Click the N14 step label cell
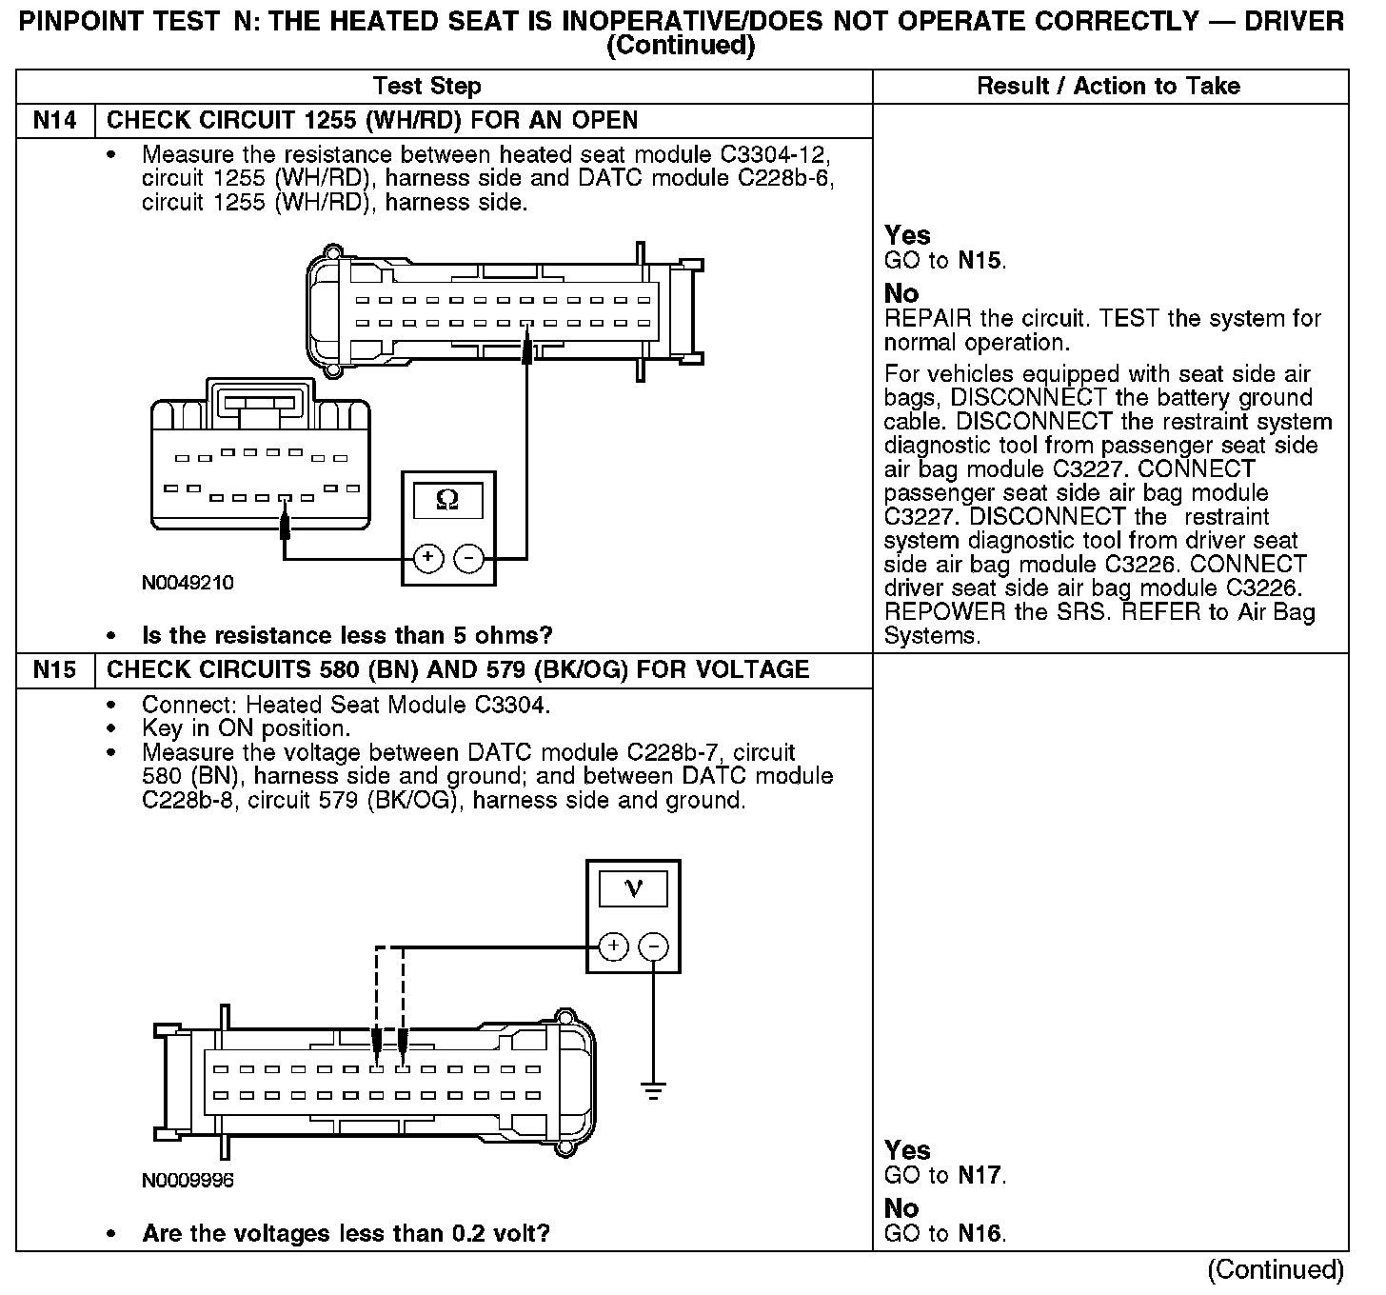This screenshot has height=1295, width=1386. coord(55,121)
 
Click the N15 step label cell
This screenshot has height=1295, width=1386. coord(55,670)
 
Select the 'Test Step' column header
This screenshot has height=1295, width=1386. coord(426,87)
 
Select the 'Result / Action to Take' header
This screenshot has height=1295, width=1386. coord(1108,87)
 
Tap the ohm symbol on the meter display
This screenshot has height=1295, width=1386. coord(447,499)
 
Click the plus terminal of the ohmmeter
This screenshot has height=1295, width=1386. coord(428,558)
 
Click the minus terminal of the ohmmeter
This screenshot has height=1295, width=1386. coord(468,558)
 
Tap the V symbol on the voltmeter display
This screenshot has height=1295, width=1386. coord(633,888)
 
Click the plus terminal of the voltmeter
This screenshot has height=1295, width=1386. coord(614,946)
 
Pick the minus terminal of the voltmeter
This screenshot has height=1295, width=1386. coord(653,946)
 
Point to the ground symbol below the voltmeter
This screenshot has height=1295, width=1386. coord(653,1090)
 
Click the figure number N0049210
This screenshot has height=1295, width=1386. coord(188,583)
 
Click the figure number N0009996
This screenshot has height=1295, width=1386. coord(188,1181)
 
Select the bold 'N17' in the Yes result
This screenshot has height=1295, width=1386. coord(980,1176)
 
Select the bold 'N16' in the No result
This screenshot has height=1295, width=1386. coord(980,1234)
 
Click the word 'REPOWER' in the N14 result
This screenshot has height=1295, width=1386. coord(945,612)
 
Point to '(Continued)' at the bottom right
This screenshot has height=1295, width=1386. coord(1275,1269)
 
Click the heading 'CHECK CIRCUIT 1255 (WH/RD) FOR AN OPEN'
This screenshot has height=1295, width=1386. coord(372,121)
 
